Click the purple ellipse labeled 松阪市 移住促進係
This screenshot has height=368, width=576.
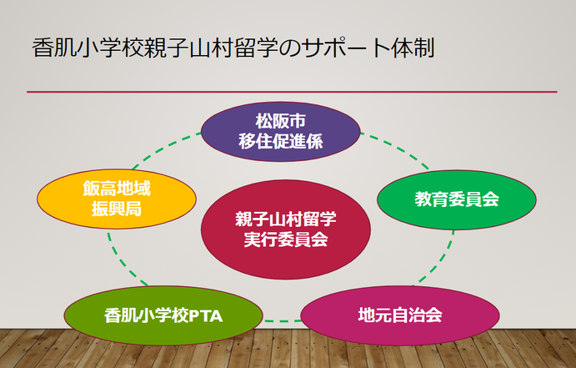(x=281, y=132)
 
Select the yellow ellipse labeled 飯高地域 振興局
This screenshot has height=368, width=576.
(x=117, y=199)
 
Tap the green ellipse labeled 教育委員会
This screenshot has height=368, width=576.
(x=457, y=199)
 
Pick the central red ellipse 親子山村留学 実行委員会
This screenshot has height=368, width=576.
(x=286, y=229)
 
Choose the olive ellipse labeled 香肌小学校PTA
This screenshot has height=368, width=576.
(x=163, y=315)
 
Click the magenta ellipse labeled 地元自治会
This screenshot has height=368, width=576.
(x=400, y=315)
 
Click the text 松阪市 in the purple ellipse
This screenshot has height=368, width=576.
(x=281, y=121)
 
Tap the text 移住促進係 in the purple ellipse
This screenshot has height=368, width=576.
(x=281, y=142)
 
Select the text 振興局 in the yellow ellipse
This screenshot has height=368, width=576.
(x=117, y=209)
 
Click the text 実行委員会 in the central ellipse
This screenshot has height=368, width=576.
(x=286, y=239)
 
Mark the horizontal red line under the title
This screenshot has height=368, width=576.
(x=292, y=92)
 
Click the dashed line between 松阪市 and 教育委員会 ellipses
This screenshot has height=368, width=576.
(x=396, y=148)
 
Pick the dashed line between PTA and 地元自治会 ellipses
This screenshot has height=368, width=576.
(x=282, y=321)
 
